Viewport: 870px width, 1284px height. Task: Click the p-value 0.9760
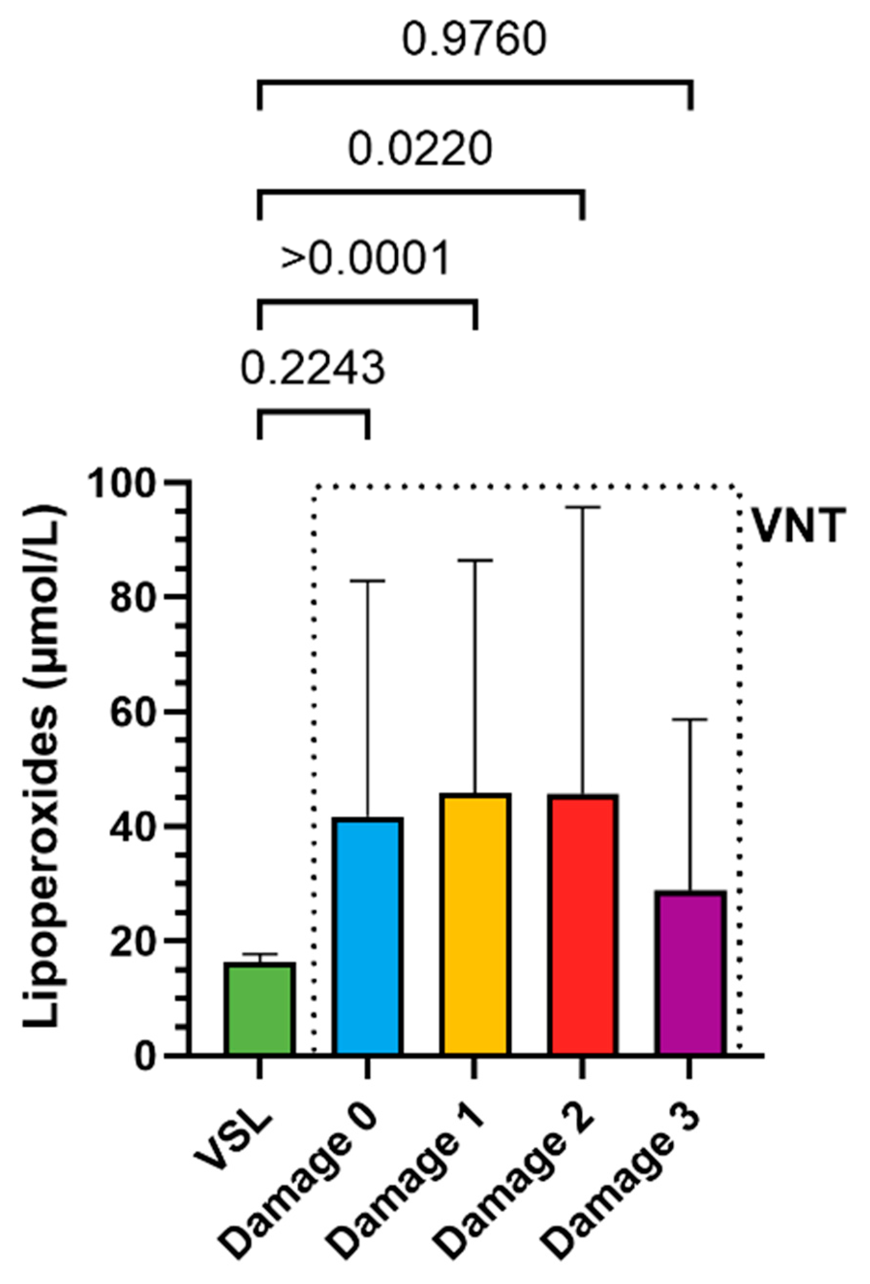pos(474,40)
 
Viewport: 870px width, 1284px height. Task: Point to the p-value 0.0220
pos(420,149)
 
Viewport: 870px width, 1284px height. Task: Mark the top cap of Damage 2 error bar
pos(582,507)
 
